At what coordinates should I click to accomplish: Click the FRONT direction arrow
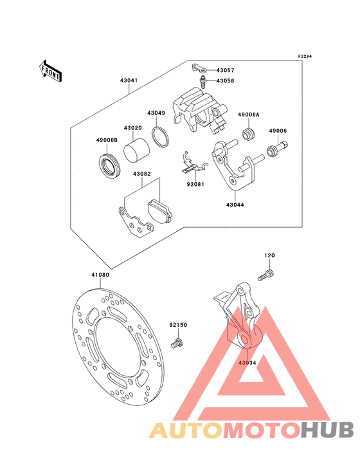[x=50, y=71]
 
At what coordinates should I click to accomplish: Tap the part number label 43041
[x=129, y=80]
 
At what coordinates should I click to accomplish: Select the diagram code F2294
[x=305, y=56]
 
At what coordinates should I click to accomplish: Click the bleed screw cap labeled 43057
[x=199, y=68]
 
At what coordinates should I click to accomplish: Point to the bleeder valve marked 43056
[x=203, y=82]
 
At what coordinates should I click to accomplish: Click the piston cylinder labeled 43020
[x=136, y=151]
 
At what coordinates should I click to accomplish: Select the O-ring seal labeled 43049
[x=160, y=137]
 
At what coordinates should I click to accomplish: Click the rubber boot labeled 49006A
[x=248, y=134]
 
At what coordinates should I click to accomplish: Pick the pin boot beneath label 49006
[x=277, y=149]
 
